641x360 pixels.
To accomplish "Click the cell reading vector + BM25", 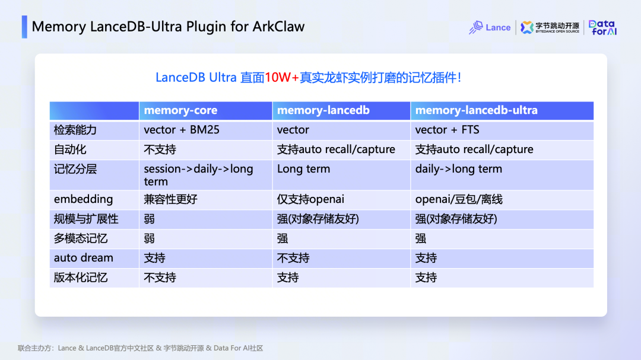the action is [x=182, y=130].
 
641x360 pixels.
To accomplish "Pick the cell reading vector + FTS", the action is [x=448, y=130].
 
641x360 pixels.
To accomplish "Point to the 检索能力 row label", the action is [x=75, y=130].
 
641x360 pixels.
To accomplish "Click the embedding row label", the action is [x=84, y=199].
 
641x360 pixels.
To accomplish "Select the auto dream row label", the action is [x=84, y=258].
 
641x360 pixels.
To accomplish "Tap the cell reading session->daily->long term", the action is [x=198, y=175].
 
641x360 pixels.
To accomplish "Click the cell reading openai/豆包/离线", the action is [x=459, y=199].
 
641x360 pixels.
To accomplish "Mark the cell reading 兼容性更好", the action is [x=170, y=199].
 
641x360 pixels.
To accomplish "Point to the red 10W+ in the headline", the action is [x=282, y=77].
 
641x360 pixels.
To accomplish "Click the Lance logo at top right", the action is [x=489, y=27].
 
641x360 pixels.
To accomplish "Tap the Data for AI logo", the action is [x=602, y=27].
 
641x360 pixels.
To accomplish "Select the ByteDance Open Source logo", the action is [x=550, y=27].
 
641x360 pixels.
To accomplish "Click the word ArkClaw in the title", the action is [x=278, y=27].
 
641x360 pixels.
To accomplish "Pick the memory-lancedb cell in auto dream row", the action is [x=293, y=258].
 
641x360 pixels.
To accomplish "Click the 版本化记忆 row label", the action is [x=81, y=278].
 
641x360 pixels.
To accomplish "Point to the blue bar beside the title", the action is [x=24, y=27].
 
